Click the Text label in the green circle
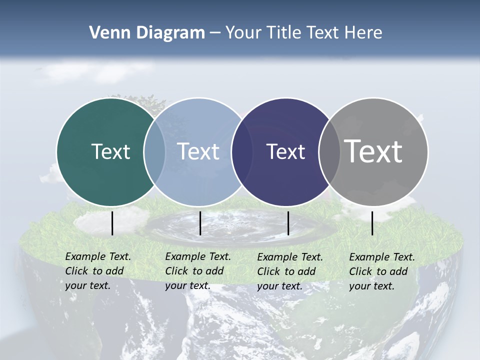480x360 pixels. point(110,151)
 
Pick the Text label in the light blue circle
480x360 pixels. point(198,151)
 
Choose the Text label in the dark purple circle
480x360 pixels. point(285,152)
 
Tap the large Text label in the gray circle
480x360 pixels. point(373,151)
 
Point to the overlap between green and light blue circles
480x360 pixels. point(154,151)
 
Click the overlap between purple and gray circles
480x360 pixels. point(329,151)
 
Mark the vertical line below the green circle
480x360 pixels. point(112,223)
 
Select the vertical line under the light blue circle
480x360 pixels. point(200,223)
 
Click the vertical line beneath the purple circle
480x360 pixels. point(288,223)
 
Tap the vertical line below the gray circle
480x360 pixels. point(372,223)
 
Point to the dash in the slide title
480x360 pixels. point(215,33)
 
